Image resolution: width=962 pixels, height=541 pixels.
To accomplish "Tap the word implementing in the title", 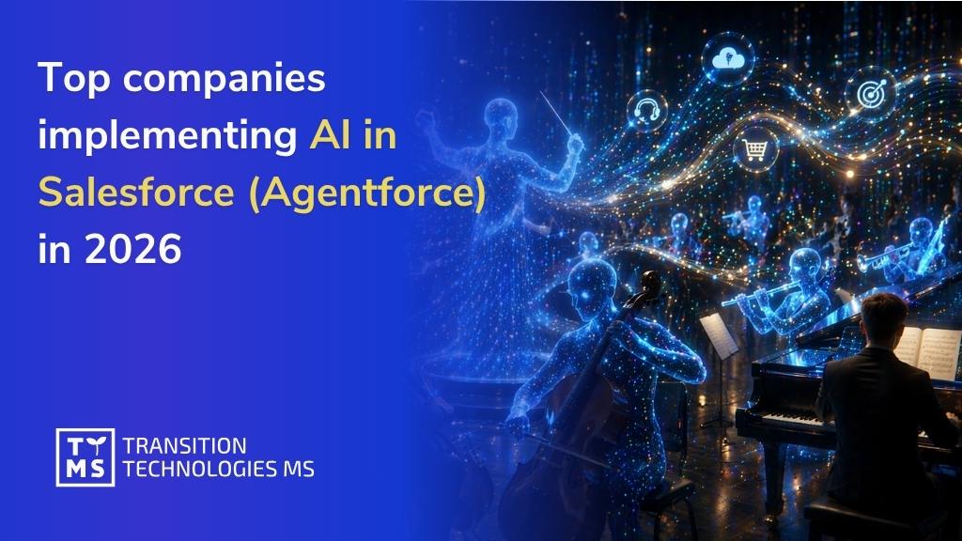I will pos(165,136).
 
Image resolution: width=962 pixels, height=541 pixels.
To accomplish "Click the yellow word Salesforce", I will pos(135,193).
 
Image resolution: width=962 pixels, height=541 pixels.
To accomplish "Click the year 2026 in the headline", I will pos(136,249).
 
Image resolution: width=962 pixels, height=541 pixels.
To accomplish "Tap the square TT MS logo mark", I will pos(85,457).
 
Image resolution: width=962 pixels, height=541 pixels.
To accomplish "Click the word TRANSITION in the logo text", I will pos(185,445).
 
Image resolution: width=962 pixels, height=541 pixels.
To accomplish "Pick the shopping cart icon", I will pos(753,150).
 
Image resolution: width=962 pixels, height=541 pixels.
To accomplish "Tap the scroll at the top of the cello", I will pos(647,278).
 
